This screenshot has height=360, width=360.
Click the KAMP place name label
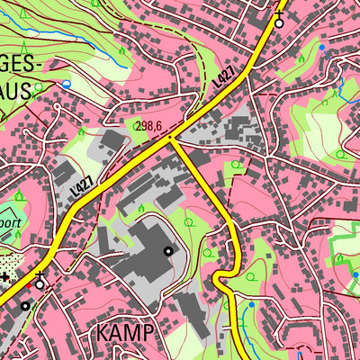click(x=125, y=333)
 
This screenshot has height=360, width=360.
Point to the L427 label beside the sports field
click(x=81, y=188)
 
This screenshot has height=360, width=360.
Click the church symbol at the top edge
click(x=278, y=22)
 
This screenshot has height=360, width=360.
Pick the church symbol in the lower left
click(x=40, y=282)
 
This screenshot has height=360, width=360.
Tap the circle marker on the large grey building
click(x=168, y=252)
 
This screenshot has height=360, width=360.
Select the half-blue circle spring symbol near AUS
click(x=65, y=84)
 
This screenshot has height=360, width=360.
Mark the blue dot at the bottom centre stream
click(x=251, y=305)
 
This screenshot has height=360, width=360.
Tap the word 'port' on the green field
click(x=11, y=217)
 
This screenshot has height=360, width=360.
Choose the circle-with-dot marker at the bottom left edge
click(x=24, y=306)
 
